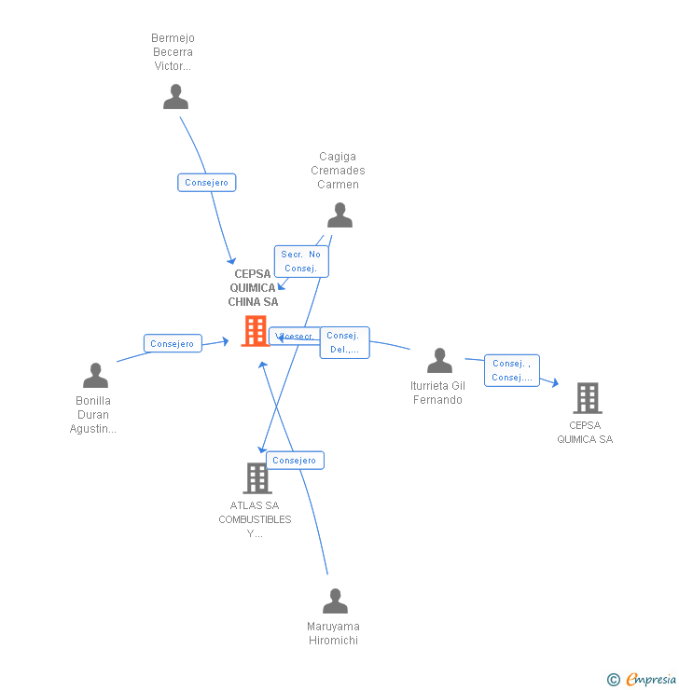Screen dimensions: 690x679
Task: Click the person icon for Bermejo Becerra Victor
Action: tap(175, 97)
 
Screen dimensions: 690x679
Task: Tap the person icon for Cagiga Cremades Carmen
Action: tap(340, 215)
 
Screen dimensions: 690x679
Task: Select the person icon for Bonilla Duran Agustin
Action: tap(96, 376)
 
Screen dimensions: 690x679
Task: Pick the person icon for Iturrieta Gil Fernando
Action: tap(439, 361)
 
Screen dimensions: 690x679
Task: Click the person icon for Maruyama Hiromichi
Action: tap(335, 601)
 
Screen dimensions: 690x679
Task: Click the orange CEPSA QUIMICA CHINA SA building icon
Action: tap(255, 331)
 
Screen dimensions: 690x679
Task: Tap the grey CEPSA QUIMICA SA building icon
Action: tap(587, 398)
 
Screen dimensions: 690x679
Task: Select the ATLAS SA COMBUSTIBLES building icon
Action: tap(256, 478)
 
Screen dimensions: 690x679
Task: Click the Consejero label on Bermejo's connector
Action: tap(207, 183)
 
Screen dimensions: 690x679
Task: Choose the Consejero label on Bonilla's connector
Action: tap(173, 344)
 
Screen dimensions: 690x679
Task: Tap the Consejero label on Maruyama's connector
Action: tap(295, 461)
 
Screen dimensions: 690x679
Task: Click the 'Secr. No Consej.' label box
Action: tap(301, 261)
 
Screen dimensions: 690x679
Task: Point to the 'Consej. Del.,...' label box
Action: tap(344, 343)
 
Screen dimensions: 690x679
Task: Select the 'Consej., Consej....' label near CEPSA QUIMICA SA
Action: tap(512, 370)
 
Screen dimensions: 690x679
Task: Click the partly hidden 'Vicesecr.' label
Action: tap(295, 337)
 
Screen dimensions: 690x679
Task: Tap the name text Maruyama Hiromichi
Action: tap(333, 633)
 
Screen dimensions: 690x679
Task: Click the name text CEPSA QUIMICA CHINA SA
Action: tap(254, 288)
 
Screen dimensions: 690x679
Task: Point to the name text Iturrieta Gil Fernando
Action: tap(436, 393)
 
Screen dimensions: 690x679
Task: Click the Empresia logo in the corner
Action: tap(643, 680)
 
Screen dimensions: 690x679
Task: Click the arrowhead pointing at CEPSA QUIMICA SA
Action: tap(555, 382)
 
